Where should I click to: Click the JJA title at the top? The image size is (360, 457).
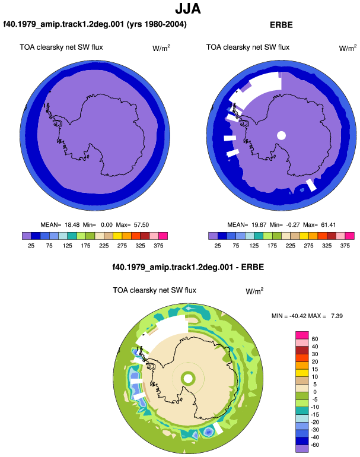coord(188,9)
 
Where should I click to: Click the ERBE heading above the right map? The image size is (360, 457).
coord(281,25)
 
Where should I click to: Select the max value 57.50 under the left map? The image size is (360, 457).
coord(141,225)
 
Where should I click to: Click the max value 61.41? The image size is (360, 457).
coord(328,225)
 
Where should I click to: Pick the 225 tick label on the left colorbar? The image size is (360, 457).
coord(104,246)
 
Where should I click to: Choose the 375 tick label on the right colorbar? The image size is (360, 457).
coord(345,246)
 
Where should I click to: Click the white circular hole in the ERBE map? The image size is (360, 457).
coord(281,135)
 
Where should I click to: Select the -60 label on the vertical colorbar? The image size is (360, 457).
coord(315,445)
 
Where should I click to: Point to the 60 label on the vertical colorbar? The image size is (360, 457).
coord(315,339)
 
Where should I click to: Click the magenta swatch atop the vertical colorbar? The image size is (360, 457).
coord(302,335)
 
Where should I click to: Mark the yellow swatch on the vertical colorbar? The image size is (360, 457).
coord(302,373)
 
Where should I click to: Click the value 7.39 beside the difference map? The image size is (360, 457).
coord(337,316)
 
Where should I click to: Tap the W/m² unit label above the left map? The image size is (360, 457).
coord(161,48)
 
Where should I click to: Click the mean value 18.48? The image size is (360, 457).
coord(72,225)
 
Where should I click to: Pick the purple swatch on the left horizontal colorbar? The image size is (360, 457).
coord(27,236)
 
